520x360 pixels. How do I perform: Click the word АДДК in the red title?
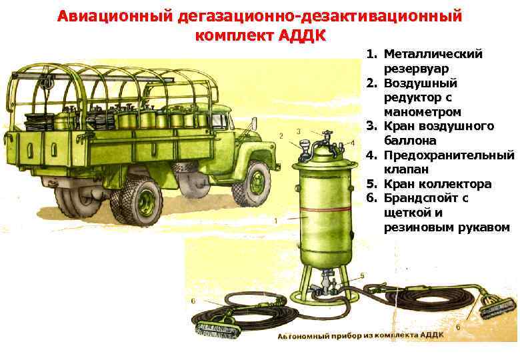(x=302, y=35)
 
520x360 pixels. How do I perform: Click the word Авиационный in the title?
(x=115, y=16)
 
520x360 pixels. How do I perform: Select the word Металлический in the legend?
(x=433, y=54)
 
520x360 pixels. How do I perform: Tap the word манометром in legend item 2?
(x=423, y=112)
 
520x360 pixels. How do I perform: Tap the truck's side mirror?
(x=254, y=124)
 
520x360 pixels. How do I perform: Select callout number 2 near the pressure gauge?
(x=281, y=135)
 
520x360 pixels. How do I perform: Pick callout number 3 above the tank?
(x=299, y=131)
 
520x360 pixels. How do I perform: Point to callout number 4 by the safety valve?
(x=353, y=143)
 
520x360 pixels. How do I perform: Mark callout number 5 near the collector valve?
(x=362, y=276)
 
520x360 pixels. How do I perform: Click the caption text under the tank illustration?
(x=361, y=335)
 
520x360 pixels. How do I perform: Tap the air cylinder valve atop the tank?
(x=326, y=135)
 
